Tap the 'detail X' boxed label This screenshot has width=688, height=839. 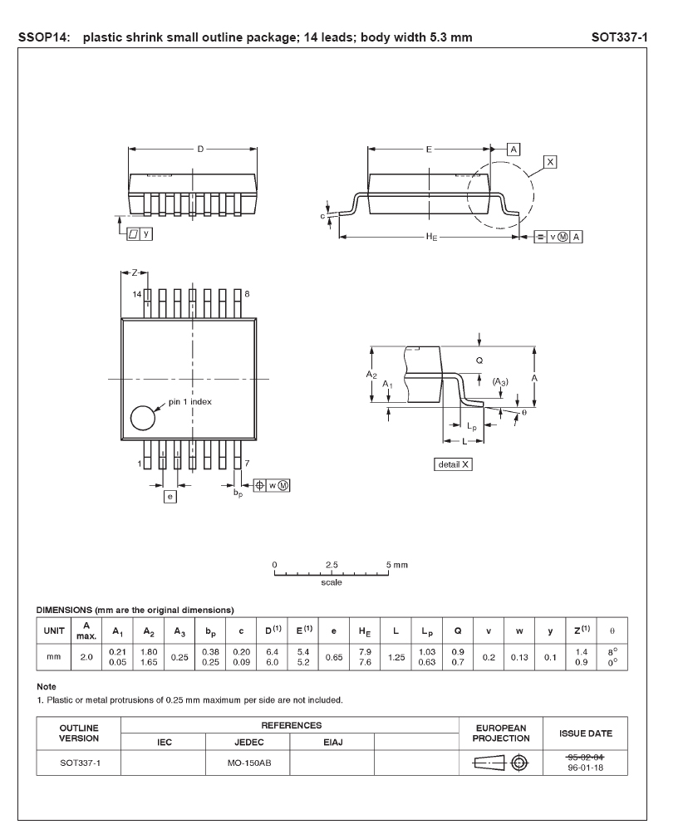point(454,464)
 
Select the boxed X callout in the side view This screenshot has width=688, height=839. point(549,161)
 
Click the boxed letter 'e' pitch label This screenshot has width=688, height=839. point(170,496)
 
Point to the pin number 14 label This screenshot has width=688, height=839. point(138,295)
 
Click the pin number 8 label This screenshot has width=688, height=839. point(248,295)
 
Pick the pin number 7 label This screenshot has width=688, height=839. point(247,464)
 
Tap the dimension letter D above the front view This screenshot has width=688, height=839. point(200,150)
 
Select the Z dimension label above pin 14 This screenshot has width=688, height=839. point(135,272)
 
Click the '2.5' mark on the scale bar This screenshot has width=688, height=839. point(332,565)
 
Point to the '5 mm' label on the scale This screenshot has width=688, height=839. point(397,565)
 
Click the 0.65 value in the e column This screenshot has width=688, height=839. point(333,656)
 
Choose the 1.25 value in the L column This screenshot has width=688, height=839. point(396,656)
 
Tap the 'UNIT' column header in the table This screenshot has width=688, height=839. point(53,630)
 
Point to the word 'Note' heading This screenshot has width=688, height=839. point(47,686)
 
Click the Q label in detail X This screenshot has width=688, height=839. point(479,361)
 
